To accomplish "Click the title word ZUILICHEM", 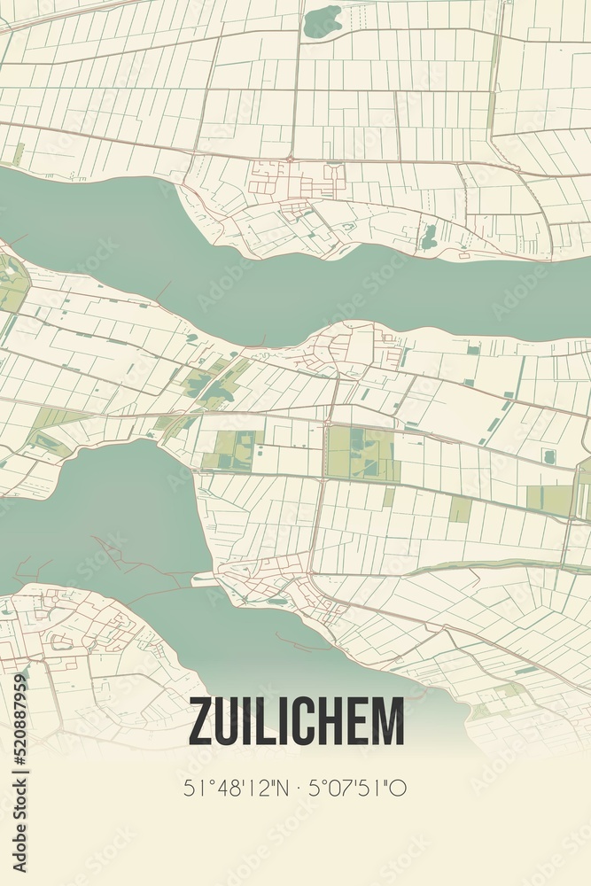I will point(296,722).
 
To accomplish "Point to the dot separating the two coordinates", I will point(295,788).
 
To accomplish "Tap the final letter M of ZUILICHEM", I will point(388,722).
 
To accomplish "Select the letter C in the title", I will point(297,722).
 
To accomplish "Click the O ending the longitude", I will point(400,788).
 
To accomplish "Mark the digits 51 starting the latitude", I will point(192,788).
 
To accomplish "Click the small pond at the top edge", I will point(322,20).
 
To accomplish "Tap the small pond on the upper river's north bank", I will point(430,236).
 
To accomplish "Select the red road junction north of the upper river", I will point(290,159).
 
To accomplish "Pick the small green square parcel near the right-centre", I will point(460,509).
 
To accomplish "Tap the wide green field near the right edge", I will point(550,501).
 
